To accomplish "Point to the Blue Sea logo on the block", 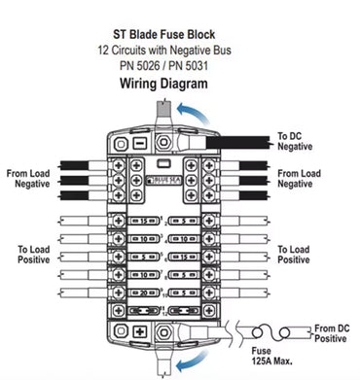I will click(x=162, y=179).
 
